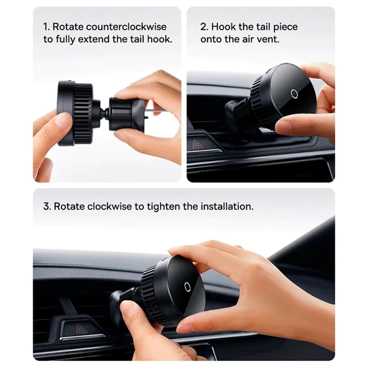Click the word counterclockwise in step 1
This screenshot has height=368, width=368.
coord(126,27)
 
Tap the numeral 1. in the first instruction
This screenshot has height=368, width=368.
coord(47,27)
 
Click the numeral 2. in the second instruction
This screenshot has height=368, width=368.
coord(204,27)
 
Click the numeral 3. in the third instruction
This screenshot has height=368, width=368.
coord(47,207)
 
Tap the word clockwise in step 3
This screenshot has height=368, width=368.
coord(110,207)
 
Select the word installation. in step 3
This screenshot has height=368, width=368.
coord(227,207)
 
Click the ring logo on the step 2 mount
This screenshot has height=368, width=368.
coord(294,93)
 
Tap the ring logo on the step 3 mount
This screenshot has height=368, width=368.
coord(187,286)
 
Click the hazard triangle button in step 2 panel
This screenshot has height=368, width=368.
coord(197,144)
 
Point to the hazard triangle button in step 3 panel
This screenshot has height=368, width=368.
coord(82,329)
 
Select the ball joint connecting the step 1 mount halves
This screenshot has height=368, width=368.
coord(105,112)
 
